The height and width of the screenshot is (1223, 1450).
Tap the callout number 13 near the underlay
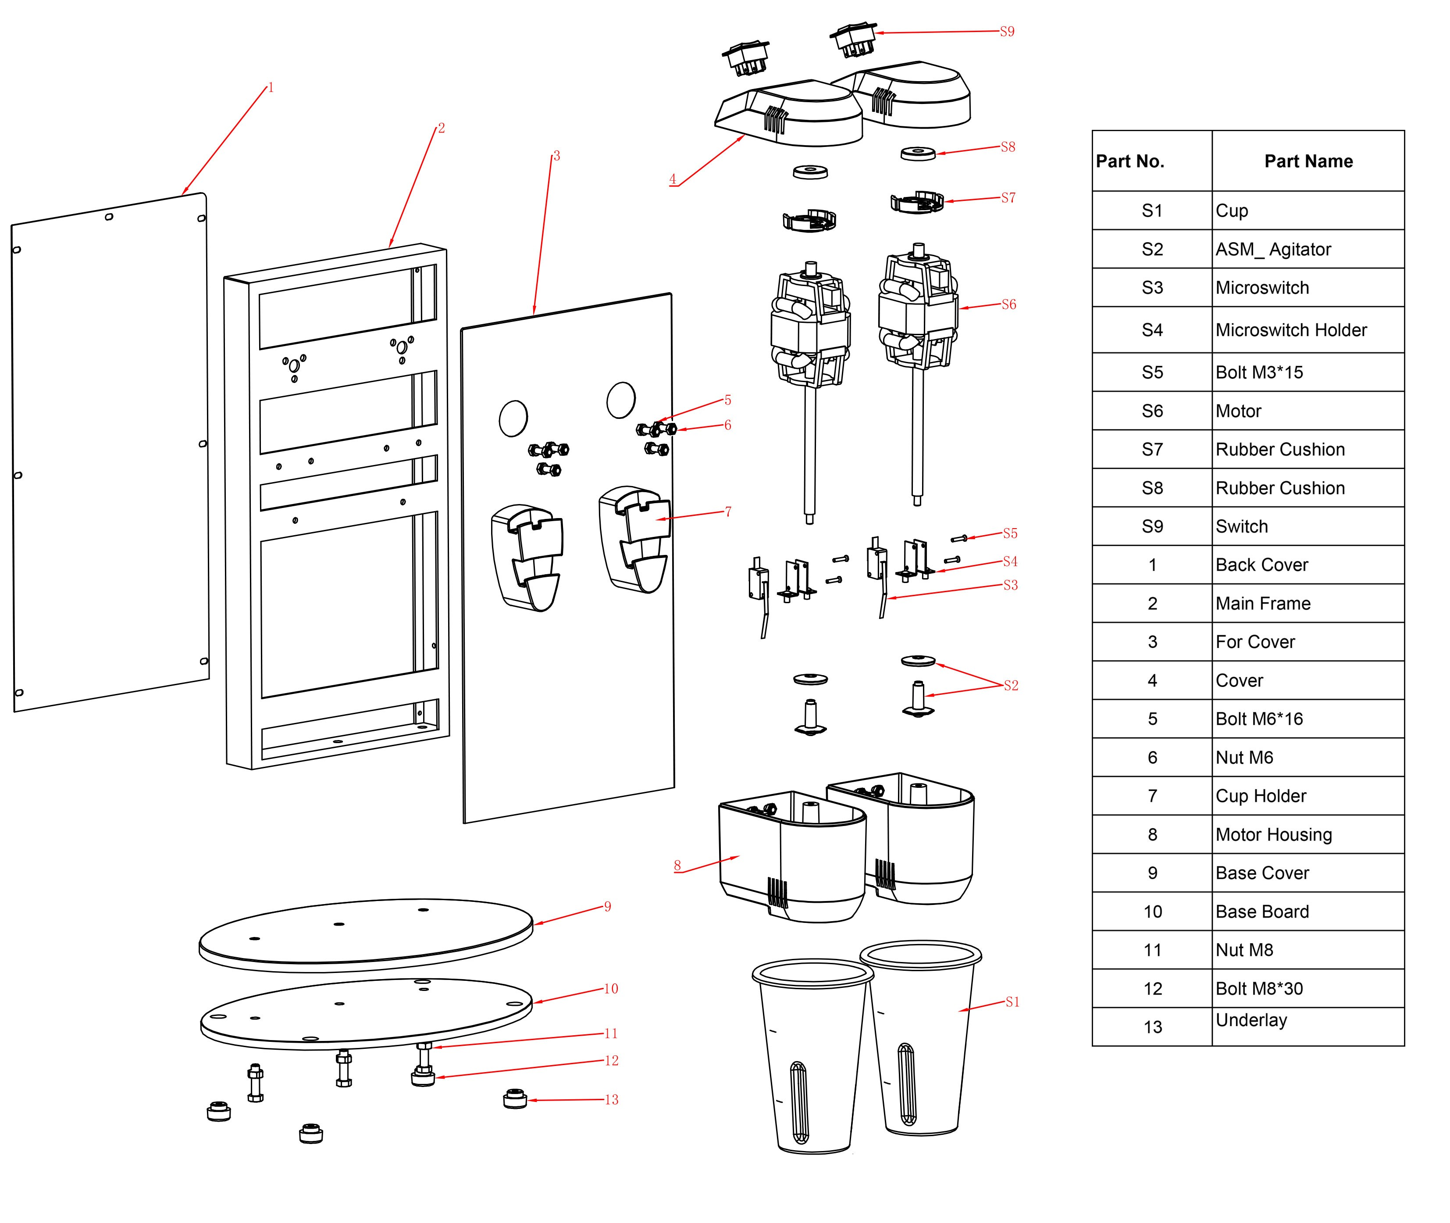point(611,1100)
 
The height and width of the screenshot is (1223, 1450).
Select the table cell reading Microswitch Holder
point(1290,330)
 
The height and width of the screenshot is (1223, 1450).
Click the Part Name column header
point(1308,161)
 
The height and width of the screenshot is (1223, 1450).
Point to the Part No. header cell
point(1130,161)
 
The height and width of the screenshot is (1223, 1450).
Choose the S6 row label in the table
point(1152,411)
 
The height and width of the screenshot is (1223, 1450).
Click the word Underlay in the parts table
point(1251,1020)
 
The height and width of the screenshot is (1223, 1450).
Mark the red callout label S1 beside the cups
point(1012,1002)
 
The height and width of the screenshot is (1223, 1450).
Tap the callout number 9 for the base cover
point(607,906)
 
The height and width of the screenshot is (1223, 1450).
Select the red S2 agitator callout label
point(1011,686)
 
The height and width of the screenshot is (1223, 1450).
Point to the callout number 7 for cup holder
point(728,511)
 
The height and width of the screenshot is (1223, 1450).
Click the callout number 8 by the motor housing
point(677,865)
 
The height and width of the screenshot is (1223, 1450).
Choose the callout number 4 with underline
point(672,179)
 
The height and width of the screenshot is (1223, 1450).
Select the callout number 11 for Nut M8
point(611,1033)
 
